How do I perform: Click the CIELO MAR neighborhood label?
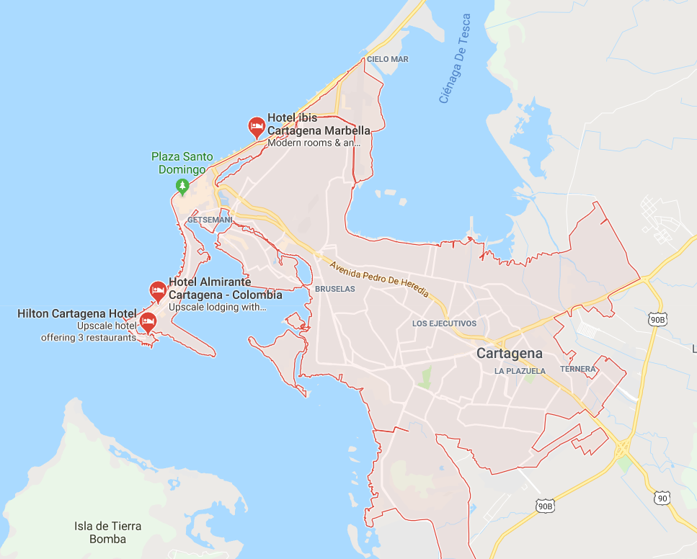pos(387,59)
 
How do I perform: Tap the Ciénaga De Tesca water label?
pos(456,59)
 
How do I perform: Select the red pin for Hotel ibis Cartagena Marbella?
pos(256,127)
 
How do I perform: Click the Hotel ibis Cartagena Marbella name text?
pos(319,124)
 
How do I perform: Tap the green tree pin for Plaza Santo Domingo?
pos(182,186)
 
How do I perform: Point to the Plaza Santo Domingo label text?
pos(182,163)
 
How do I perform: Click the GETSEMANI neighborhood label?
pos(209,219)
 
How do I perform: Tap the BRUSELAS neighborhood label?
pos(335,289)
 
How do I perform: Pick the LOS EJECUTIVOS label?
pos(444,323)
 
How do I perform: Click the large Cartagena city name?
pos(509,354)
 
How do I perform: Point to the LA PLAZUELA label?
pos(520,371)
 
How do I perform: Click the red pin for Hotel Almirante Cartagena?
pos(158,291)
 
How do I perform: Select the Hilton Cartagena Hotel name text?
pos(76,313)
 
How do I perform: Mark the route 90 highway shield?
pos(663,498)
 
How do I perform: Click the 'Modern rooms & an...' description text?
pos(313,143)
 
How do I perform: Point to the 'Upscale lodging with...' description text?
pos(218,307)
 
